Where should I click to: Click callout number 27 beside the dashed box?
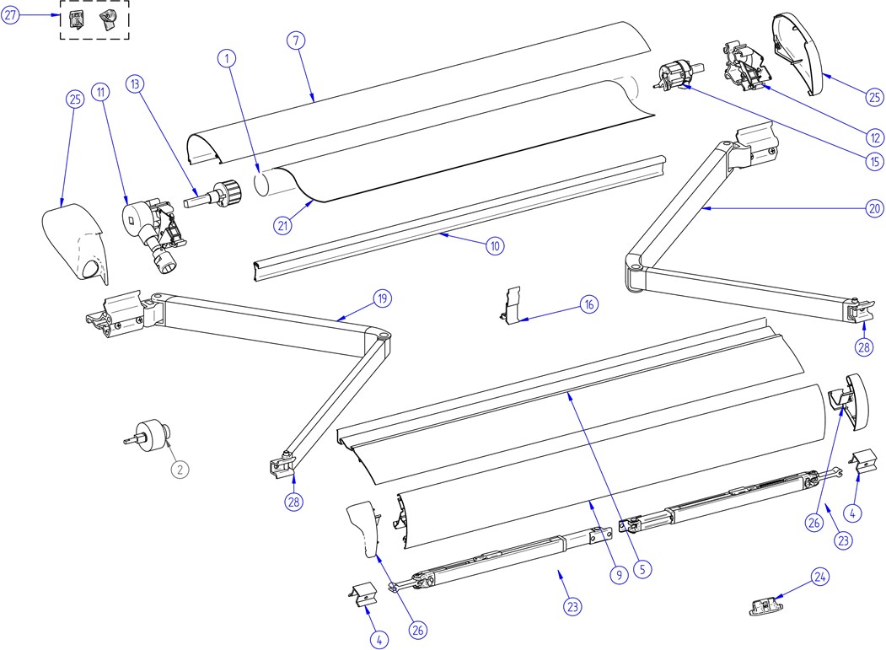tap(10, 15)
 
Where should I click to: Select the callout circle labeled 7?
tap(294, 41)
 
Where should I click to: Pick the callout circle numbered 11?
tap(102, 91)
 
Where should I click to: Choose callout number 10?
tap(494, 246)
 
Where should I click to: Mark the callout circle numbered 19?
tap(384, 298)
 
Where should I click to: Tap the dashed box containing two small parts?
tap(94, 20)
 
